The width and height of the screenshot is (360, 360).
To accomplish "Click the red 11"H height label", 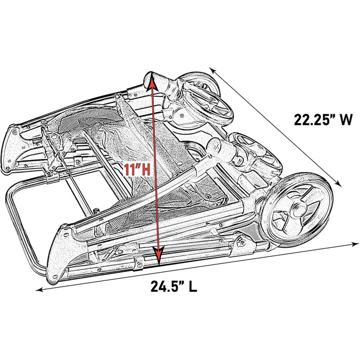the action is [137, 169].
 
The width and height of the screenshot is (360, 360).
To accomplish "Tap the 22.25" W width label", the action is [323, 120].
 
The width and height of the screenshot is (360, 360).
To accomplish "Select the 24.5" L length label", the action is [174, 286].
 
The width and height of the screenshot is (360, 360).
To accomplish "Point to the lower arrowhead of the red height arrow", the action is [158, 256].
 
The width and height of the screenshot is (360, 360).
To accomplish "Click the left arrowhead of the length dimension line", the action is [40, 290].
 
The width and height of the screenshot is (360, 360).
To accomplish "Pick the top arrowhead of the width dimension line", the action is [212, 70].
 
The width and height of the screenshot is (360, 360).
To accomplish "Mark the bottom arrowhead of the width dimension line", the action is [338, 183].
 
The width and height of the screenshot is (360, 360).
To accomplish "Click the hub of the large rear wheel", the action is [298, 211].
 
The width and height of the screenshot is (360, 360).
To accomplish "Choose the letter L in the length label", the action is [193, 286].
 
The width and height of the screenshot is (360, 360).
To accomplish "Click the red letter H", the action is [146, 170].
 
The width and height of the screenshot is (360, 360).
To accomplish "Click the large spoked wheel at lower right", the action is [298, 210].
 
